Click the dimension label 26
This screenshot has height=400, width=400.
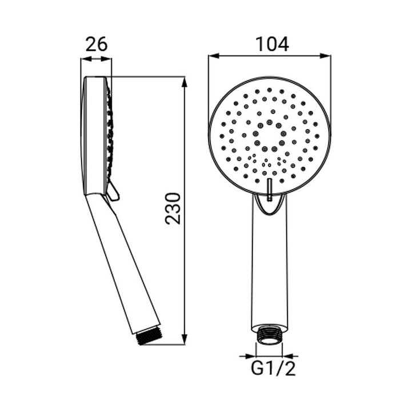(x=97, y=44)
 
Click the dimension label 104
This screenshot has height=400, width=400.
(x=272, y=44)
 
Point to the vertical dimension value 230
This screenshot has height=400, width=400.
(x=173, y=209)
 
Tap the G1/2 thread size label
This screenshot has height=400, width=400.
(x=273, y=369)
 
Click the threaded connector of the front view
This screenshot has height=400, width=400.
(x=269, y=334)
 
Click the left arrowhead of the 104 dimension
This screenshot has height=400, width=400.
(x=214, y=56)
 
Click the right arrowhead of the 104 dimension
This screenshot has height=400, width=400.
(x=326, y=56)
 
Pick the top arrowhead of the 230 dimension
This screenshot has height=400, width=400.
(x=185, y=82)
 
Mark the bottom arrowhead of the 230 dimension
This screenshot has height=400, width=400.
(x=185, y=339)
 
